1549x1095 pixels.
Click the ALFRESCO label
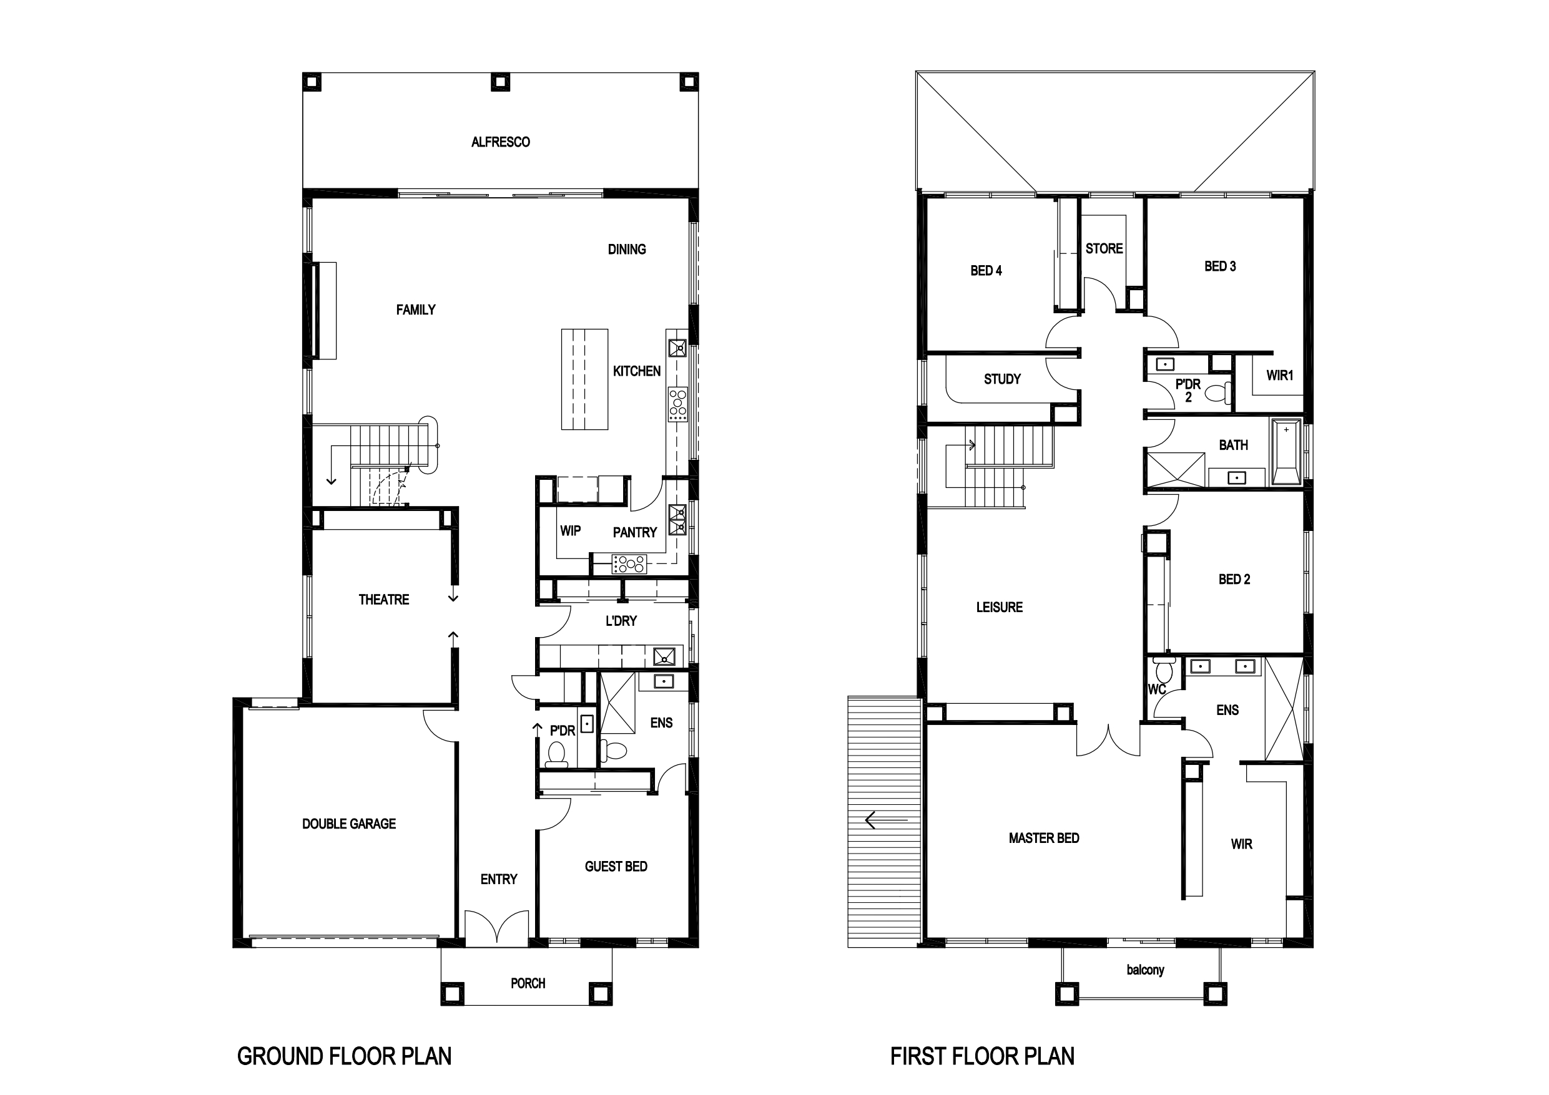500,142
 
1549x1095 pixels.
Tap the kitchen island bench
584,379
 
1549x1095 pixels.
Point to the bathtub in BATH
1286,451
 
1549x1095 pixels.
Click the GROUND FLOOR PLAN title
344,1056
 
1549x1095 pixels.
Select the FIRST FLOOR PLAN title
982,1056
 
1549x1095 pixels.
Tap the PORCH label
528,983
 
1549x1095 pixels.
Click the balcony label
1145,970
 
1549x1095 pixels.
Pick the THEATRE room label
383,600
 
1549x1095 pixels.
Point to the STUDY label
1002,379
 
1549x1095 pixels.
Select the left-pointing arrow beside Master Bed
887,820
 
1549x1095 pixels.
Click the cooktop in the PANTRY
629,563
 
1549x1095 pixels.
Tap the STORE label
1104,248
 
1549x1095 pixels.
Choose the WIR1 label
1279,376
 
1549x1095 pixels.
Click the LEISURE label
999,607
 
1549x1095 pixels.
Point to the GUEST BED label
616,867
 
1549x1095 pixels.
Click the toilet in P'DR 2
1217,392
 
